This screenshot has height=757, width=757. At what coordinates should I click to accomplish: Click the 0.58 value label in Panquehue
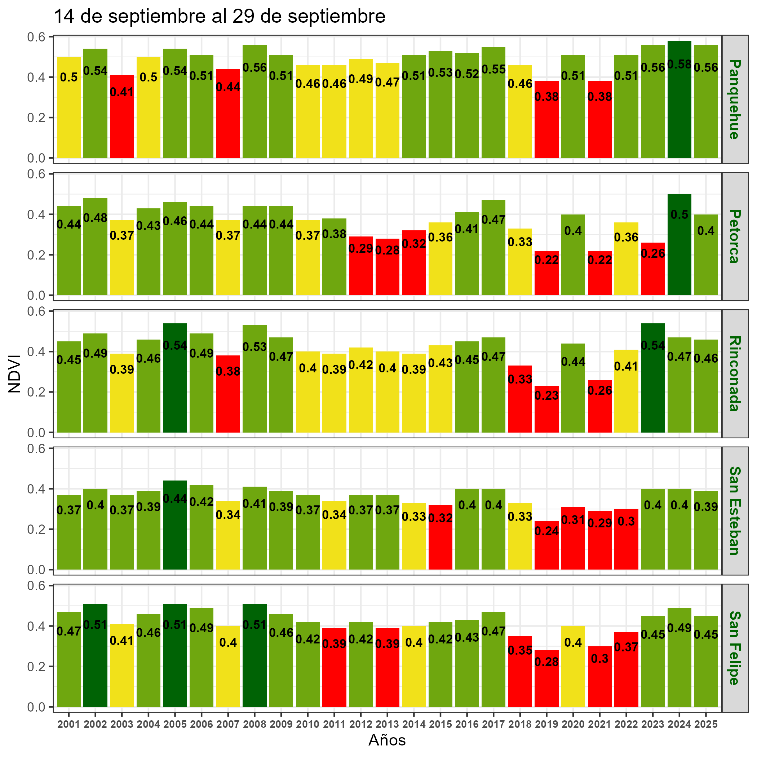click(x=679, y=65)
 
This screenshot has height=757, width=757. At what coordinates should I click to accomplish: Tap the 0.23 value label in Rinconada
click(x=546, y=396)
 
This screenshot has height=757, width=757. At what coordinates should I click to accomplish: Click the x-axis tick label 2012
click(x=360, y=724)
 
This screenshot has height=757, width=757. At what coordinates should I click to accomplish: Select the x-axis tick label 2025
click(x=706, y=724)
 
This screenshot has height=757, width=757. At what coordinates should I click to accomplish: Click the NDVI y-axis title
click(x=15, y=373)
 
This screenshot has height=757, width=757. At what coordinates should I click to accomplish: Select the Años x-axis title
click(x=387, y=740)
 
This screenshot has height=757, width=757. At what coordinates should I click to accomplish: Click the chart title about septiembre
click(x=220, y=17)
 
